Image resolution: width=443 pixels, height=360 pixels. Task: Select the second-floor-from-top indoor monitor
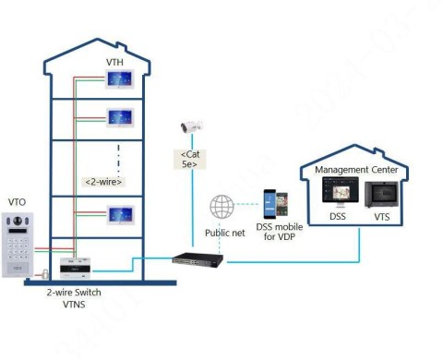click(x=122, y=117)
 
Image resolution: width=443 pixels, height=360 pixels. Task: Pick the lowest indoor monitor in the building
click(x=122, y=214)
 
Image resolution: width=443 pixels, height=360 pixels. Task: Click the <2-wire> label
click(x=104, y=181)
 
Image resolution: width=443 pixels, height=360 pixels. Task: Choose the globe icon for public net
click(x=221, y=206)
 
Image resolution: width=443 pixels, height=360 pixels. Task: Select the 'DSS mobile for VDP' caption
click(x=278, y=236)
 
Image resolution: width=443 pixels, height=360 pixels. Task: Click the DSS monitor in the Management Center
click(x=336, y=193)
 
